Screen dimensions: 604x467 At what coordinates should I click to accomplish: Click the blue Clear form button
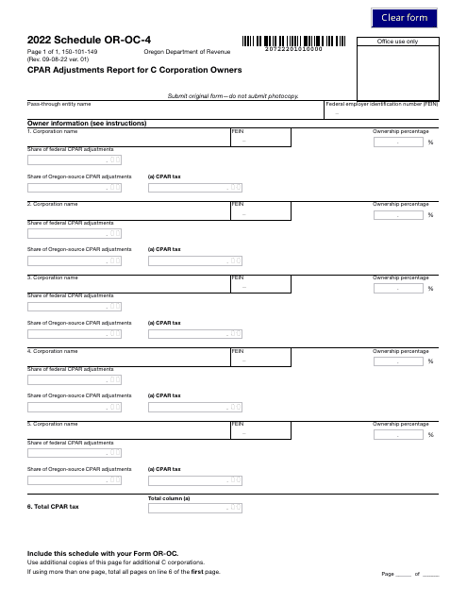(404, 18)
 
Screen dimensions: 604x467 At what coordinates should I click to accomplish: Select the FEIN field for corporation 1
(260, 140)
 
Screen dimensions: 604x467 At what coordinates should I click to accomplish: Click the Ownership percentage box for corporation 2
(398, 215)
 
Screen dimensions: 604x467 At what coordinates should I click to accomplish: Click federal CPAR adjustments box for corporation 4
(75, 379)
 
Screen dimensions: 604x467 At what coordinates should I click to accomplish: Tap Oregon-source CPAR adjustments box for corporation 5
(75, 479)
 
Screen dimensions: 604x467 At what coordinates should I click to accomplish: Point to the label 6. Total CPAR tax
(54, 507)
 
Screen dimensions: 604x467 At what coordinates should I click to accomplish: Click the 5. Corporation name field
(128, 429)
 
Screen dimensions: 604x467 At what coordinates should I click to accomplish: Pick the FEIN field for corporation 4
(260, 361)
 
